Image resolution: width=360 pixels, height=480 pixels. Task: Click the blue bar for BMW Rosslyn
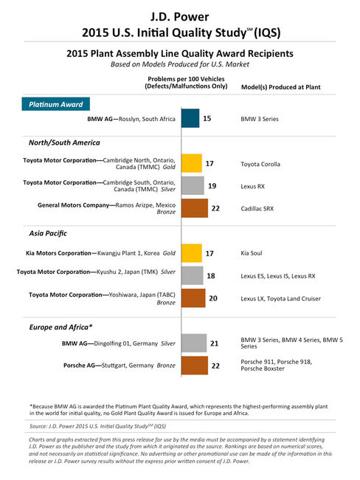[190, 118]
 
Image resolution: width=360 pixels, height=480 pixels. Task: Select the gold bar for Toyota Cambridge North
[191, 163]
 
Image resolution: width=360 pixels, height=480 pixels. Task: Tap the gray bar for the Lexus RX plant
[192, 185]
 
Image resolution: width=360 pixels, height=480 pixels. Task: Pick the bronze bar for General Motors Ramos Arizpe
[194, 208]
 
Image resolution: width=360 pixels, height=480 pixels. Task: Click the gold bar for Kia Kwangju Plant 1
[191, 253]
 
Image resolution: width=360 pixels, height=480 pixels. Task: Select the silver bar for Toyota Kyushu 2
[192, 275]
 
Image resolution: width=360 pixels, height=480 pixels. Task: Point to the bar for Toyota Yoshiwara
[193, 298]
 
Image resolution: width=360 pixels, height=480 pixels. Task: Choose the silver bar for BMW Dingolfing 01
[193, 343]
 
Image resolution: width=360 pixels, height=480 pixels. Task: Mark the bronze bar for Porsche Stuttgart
[194, 365]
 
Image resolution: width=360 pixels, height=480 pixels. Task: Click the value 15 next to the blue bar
[208, 118]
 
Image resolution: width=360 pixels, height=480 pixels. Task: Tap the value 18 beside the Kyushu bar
[211, 275]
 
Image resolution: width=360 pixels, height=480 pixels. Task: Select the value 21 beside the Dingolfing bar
[215, 343]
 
